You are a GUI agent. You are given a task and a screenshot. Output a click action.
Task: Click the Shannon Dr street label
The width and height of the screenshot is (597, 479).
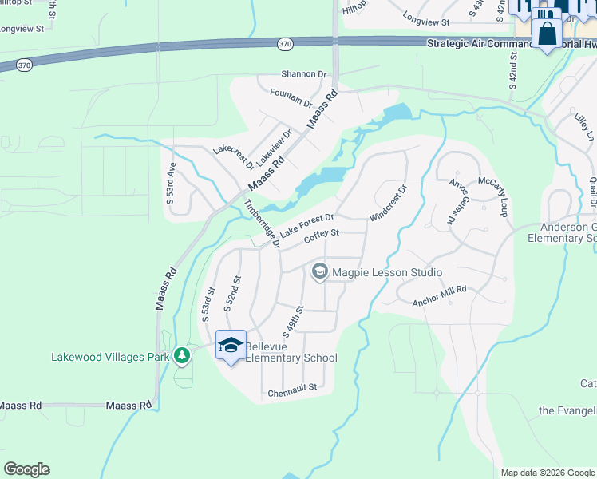click(x=299, y=74)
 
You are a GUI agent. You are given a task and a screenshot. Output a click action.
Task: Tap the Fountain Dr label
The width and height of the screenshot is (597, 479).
click(x=291, y=98)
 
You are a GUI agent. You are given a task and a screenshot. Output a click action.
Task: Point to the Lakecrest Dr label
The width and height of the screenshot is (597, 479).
click(x=233, y=156)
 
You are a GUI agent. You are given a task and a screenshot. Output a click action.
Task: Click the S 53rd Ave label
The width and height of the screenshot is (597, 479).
click(x=170, y=183)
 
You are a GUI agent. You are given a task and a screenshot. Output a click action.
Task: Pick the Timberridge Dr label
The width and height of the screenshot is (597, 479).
click(x=262, y=223)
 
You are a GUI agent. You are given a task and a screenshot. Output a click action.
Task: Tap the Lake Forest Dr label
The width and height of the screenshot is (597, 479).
click(x=306, y=223)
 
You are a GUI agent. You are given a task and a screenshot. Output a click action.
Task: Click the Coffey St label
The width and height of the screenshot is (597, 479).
click(x=322, y=234)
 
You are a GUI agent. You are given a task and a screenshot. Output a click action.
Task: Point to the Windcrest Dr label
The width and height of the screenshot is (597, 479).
click(x=389, y=204)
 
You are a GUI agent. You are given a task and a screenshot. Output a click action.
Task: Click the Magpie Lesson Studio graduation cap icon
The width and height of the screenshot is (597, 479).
click(x=319, y=272)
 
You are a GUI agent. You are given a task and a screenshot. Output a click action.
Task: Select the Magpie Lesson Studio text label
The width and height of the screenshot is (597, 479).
click(x=386, y=273)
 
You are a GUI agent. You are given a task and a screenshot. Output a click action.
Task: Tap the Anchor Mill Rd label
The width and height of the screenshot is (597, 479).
click(x=438, y=295)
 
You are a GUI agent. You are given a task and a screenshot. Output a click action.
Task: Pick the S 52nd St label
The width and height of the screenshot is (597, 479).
click(x=231, y=293)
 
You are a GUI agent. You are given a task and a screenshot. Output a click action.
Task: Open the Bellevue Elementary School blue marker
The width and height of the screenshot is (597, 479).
click(x=231, y=346)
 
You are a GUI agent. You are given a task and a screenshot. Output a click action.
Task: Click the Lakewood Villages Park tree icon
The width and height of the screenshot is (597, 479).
click(x=183, y=354)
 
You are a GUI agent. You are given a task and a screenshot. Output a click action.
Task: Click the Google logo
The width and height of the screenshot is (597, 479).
click(x=26, y=469)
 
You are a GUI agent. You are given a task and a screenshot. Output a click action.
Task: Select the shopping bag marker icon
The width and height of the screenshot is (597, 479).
click(x=548, y=34)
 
